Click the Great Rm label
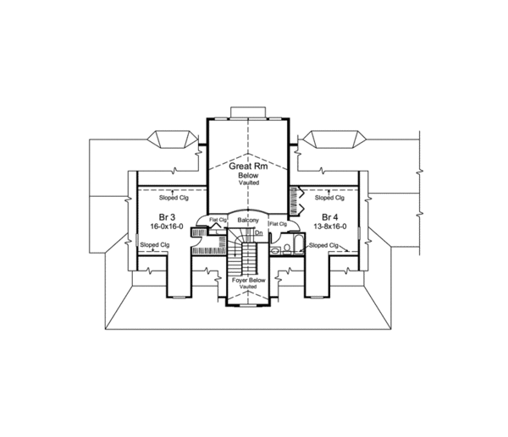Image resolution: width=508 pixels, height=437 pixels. (248, 167)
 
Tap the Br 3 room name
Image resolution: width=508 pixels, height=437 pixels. (167, 216)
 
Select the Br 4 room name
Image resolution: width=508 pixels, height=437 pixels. (330, 216)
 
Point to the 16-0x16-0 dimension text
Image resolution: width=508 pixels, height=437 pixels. (167, 227)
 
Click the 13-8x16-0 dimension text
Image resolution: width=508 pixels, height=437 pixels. (330, 227)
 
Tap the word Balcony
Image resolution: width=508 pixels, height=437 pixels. (248, 221)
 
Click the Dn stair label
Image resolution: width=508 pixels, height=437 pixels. (259, 233)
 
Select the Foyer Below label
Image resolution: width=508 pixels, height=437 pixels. (248, 280)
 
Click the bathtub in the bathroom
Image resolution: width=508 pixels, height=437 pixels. (298, 245)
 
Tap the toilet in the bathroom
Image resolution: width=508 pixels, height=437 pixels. (287, 249)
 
